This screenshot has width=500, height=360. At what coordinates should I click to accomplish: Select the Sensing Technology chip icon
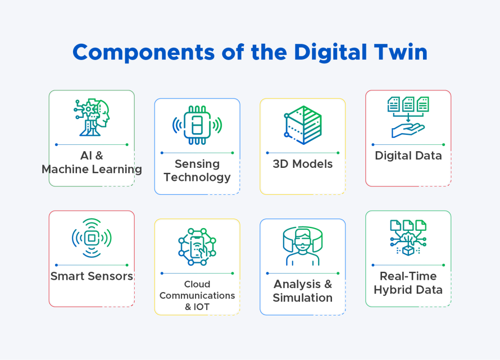(x=197, y=125)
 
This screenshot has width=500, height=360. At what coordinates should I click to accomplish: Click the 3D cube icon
(x=303, y=125)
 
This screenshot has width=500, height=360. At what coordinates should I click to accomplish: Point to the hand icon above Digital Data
(x=408, y=130)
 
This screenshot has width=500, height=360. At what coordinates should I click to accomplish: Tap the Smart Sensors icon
(x=91, y=238)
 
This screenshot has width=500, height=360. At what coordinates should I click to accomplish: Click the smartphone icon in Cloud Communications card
(x=197, y=247)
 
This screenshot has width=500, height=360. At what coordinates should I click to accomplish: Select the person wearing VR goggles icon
(x=303, y=246)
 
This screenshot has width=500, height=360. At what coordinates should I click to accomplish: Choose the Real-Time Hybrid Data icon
(x=408, y=238)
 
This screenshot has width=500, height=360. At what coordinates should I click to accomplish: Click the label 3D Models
(x=303, y=164)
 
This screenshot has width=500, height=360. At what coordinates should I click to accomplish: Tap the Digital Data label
(x=408, y=156)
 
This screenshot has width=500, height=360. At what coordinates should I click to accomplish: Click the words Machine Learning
(x=92, y=170)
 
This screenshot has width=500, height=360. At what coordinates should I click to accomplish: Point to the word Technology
(x=197, y=177)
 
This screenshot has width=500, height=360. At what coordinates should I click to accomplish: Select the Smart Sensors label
(x=92, y=276)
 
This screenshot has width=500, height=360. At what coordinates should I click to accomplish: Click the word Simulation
(x=303, y=298)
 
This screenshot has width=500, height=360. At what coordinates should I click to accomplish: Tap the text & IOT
(x=197, y=307)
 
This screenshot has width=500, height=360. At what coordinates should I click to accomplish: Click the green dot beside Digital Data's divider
(x=444, y=144)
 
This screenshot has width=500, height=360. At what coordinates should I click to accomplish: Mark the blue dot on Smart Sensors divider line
(x=56, y=265)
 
